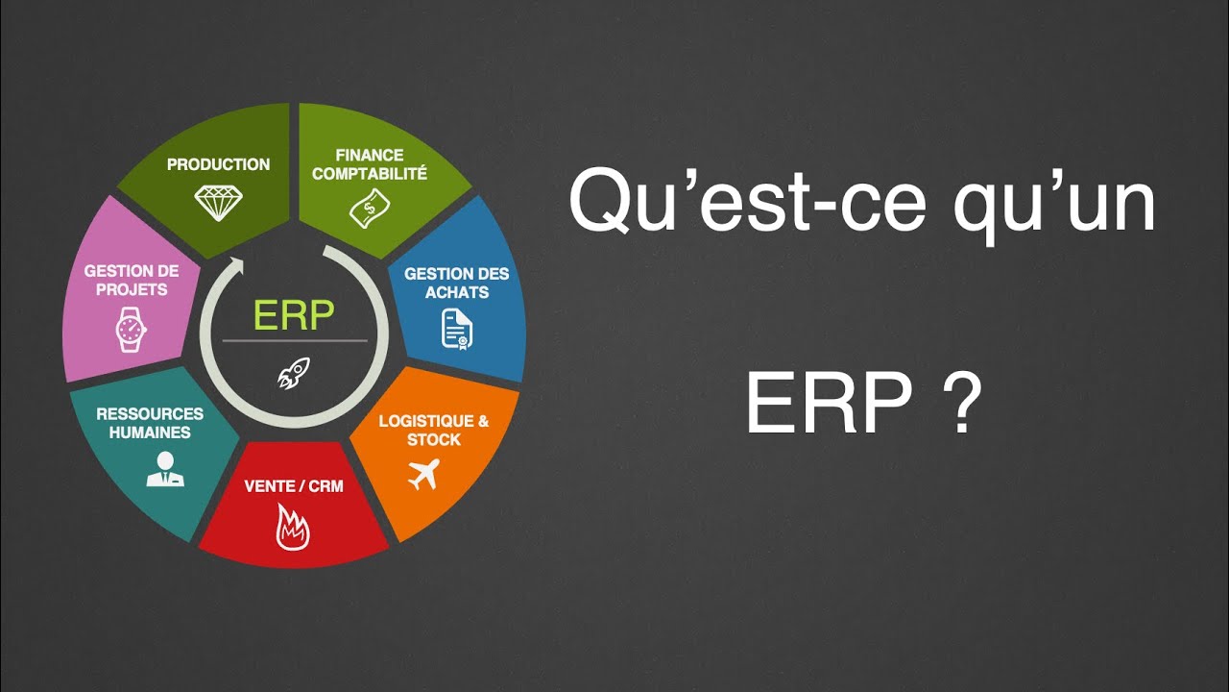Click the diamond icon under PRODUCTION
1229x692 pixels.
(219, 202)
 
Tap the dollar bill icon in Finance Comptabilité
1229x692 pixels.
(370, 208)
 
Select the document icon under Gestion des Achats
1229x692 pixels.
(457, 329)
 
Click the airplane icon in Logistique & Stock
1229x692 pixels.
(422, 474)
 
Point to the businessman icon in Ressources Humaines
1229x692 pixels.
(165, 469)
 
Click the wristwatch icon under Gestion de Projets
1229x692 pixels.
(131, 329)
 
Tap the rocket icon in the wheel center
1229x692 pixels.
(294, 372)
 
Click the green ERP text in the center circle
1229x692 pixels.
(294, 315)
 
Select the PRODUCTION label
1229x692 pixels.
(219, 164)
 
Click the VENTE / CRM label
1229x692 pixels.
(294, 486)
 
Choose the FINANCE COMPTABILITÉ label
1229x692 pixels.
(370, 164)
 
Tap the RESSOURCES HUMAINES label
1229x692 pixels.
(150, 423)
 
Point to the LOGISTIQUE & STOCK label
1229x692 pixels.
(434, 431)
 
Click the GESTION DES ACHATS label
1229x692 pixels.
(457, 283)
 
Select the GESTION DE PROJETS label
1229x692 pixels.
(132, 281)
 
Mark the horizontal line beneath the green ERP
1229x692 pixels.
(294, 341)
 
